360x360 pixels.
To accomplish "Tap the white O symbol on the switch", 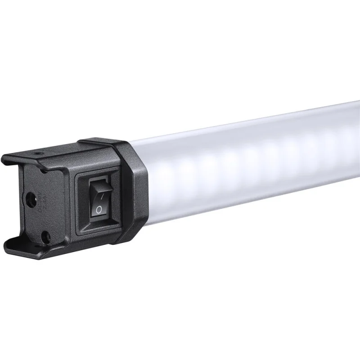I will [x=98, y=210].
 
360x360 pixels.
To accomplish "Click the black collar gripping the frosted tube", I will [x=135, y=189].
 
